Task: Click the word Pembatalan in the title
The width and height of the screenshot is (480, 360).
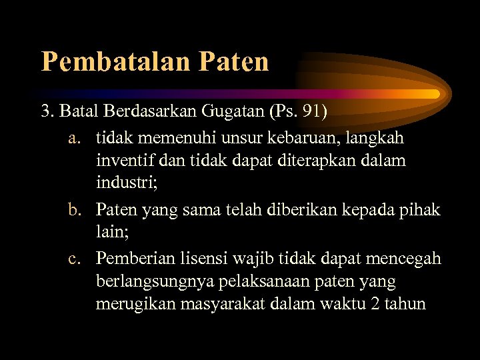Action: click(x=116, y=61)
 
